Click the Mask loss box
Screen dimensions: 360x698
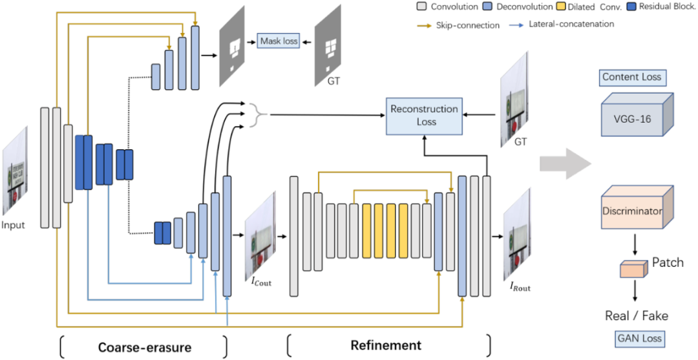pyautogui.click(x=279, y=41)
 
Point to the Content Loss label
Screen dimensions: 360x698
pyautogui.click(x=631, y=77)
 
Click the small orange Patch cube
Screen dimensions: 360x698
pyautogui.click(x=632, y=269)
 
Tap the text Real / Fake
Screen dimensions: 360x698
pyautogui.click(x=636, y=316)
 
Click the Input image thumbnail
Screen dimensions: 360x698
pyautogui.click(x=14, y=171)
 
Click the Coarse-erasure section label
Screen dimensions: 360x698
pyautogui.click(x=144, y=347)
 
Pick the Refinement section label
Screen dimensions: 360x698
pyautogui.click(x=386, y=345)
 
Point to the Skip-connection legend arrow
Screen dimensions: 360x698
pyautogui.click(x=423, y=25)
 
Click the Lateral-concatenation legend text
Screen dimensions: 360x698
pyautogui.click(x=571, y=24)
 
